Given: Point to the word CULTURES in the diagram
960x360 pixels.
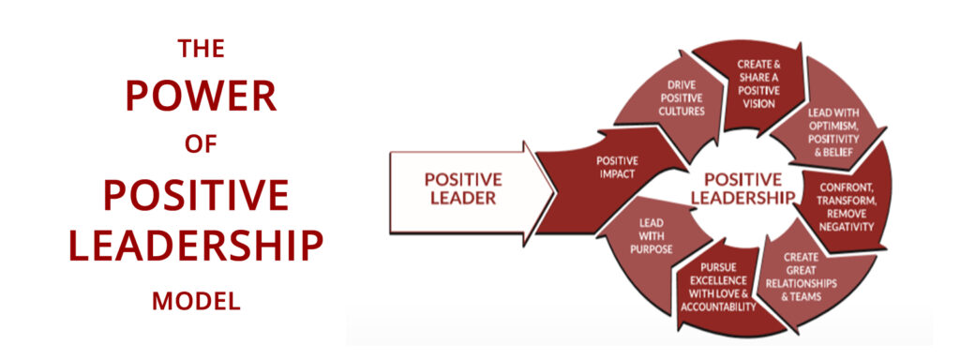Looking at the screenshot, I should [675, 111].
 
